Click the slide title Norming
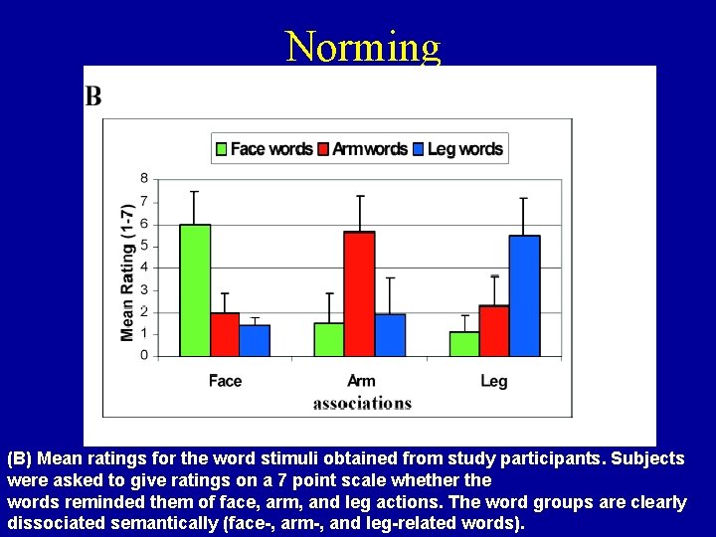point(362,46)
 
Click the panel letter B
point(93,95)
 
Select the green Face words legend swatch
point(222,149)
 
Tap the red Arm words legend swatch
point(322,149)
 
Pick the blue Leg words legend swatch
point(418,149)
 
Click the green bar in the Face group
point(195,290)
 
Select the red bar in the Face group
point(225,334)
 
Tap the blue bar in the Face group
point(255,340)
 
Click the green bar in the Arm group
point(329,339)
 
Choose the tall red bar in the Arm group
point(359,293)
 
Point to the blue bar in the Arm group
point(390,335)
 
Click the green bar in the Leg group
point(463,343)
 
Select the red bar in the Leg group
point(493,330)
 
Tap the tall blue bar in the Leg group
point(524,295)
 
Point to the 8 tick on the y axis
point(144,179)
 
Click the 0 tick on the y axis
point(144,355)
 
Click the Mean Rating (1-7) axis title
point(127,272)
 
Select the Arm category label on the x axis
point(361,381)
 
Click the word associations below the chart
point(362,403)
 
